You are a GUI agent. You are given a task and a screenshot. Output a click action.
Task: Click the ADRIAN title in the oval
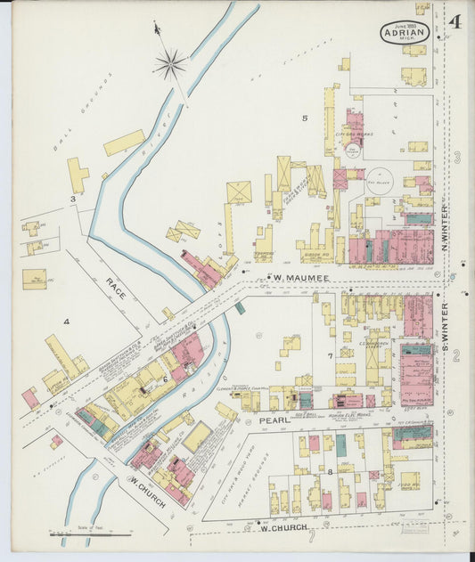pyautogui.click(x=406, y=33)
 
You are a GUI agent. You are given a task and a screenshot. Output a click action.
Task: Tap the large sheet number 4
pyautogui.click(x=455, y=21)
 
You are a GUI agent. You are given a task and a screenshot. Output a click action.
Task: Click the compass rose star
pyautogui.click(x=169, y=63)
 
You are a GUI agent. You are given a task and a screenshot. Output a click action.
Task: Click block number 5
pyautogui.click(x=304, y=118)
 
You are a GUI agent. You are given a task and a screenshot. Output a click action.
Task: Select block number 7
pyautogui.click(x=329, y=356)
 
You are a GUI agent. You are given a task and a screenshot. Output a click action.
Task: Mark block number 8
pyautogui.click(x=329, y=471)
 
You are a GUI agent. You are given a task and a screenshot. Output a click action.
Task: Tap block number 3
pyautogui.click(x=72, y=199)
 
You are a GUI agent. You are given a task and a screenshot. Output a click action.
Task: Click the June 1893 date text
pyautogui.click(x=406, y=25)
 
